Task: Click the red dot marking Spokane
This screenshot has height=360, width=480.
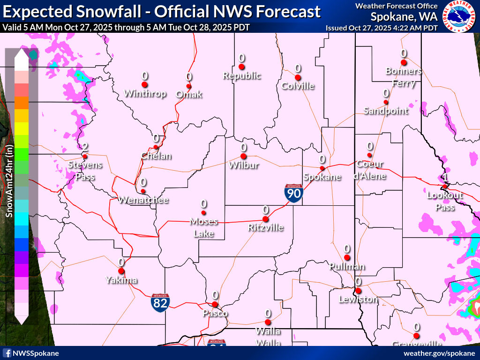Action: [322, 168]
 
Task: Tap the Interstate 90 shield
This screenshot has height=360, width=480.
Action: [293, 193]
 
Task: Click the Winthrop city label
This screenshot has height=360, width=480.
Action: [145, 94]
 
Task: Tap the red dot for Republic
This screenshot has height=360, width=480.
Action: [241, 67]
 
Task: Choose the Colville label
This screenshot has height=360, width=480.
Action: [298, 86]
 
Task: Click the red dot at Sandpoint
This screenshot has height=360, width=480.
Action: [386, 102]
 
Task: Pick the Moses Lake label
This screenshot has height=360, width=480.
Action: [203, 227]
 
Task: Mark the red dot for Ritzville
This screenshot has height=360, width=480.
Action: [265, 219]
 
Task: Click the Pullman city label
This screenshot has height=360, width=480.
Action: [347, 267]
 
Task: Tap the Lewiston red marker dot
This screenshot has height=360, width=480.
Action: [358, 291]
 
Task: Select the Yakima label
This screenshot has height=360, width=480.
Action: [121, 280]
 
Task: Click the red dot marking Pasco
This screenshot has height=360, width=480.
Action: [215, 304]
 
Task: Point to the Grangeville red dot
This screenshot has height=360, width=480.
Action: [416, 336]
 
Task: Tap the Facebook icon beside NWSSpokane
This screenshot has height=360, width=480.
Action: [7, 353]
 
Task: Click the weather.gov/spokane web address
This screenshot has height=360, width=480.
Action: [439, 353]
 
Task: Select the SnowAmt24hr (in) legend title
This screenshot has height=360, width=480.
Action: [9, 180]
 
